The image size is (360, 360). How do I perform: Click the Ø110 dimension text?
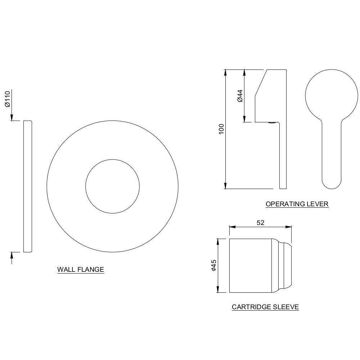(7, 99)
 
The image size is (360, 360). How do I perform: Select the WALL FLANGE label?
(81, 269)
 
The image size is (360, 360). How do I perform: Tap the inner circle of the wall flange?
(112, 186)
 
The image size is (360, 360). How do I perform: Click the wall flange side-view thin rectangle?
(28, 186)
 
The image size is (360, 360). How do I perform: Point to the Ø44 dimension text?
(240, 96)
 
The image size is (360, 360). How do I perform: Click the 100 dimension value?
(221, 129)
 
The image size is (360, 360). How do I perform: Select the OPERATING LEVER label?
(297, 204)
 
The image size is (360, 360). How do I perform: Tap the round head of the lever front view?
(332, 95)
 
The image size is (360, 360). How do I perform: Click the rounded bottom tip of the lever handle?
(332, 182)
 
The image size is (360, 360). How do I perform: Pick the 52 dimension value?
(260, 223)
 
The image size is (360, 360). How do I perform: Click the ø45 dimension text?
(213, 265)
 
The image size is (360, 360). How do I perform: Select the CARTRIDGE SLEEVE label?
(265, 307)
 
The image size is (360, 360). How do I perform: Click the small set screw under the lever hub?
(273, 123)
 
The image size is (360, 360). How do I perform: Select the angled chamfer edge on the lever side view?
(261, 82)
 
